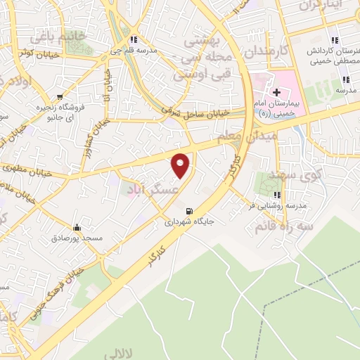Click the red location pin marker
181,165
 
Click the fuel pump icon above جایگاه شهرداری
188,211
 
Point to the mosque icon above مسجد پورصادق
77,228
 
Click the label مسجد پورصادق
77,238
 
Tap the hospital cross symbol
277,92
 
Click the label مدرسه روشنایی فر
278,207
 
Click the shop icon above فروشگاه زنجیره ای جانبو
61,96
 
